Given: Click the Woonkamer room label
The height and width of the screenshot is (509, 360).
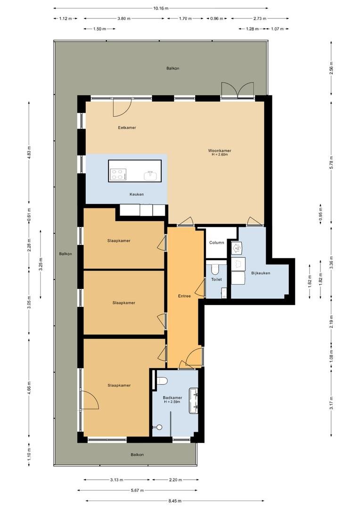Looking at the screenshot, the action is pos(220,151).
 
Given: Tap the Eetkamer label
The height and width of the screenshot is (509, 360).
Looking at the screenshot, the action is pos(127,128).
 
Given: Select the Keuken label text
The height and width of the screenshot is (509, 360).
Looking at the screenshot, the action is pos(136,194).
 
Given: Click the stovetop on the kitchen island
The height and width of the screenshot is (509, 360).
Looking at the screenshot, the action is pos(118,175).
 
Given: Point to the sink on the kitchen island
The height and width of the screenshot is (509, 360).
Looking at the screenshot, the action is pos(150,175).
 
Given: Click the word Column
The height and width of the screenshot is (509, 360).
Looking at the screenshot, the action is pos(217,243).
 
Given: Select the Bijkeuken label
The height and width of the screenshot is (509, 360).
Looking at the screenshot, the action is pos(261,273).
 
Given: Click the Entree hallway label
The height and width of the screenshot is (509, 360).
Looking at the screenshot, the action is pos(184,296).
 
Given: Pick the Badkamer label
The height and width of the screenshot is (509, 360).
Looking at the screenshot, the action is pos(172,398).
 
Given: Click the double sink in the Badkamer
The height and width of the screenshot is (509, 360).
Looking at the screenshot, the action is pos(194,401).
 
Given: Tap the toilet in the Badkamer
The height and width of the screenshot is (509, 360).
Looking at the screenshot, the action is pos(161,380).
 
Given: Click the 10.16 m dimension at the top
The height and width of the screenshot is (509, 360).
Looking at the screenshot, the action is pos(161,8).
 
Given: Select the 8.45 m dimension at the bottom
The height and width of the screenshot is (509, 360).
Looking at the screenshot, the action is pos(175,501).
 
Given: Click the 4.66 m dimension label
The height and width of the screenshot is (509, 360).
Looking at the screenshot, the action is pos(29,388).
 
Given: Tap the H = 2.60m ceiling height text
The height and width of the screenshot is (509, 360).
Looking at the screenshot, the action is pos(220,155).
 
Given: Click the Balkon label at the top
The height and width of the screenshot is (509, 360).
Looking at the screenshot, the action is pos(172,68).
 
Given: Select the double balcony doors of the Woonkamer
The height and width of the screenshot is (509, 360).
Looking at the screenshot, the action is pos(237,90).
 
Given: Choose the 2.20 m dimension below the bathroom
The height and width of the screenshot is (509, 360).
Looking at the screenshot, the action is pos(175,480).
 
